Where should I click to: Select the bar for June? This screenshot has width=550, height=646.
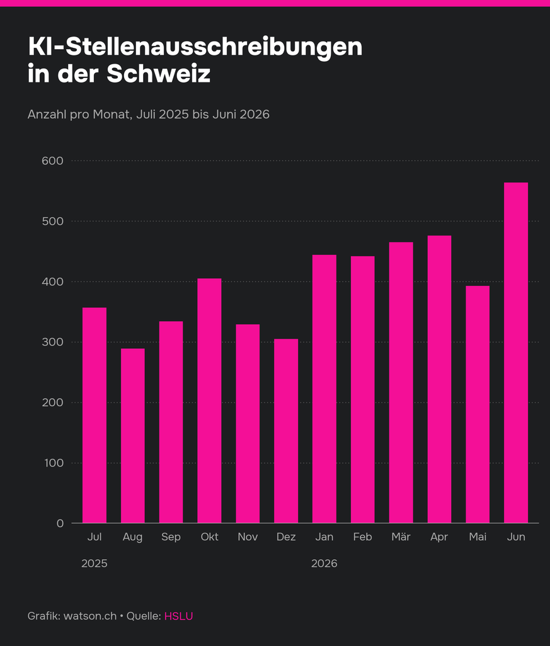click(516, 353)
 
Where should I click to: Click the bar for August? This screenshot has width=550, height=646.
click(133, 436)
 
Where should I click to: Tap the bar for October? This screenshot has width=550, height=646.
click(209, 401)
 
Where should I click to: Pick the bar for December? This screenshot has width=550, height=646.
click(286, 431)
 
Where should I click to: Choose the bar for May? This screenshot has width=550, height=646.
click(478, 405)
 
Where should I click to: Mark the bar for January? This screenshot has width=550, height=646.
click(324, 389)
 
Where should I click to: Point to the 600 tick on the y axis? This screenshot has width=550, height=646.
click(53, 161)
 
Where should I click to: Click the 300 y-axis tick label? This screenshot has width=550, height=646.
click(53, 342)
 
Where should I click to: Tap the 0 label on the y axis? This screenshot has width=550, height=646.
click(60, 523)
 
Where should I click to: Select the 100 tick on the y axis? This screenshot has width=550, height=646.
click(54, 463)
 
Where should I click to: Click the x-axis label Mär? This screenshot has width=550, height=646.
click(401, 537)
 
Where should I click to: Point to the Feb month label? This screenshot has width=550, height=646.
click(363, 537)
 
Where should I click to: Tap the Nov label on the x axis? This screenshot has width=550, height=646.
click(248, 537)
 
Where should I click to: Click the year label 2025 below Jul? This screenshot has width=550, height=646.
click(95, 563)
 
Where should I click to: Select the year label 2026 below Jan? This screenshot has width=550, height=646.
click(324, 563)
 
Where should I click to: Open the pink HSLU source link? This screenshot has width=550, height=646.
click(178, 616)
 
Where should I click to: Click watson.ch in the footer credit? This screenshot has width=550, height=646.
click(90, 616)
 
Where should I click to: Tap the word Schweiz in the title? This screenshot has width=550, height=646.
click(159, 73)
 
